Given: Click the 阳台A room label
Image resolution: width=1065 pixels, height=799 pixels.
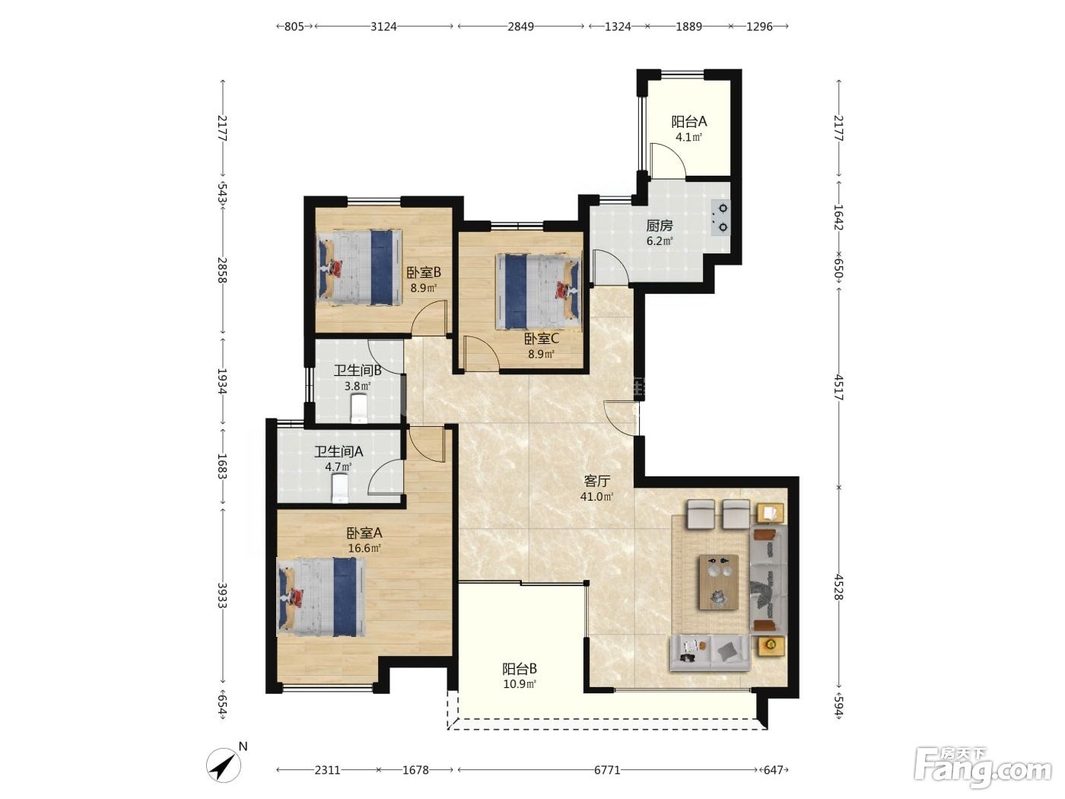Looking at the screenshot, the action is (x=688, y=121).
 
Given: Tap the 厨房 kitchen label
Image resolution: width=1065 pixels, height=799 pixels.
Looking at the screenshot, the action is (x=660, y=225).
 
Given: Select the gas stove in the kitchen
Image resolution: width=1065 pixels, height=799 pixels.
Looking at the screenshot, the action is (x=720, y=218).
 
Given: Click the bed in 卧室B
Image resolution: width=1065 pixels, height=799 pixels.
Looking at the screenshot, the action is (x=359, y=267).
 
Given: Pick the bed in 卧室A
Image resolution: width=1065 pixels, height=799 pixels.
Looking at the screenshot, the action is (x=320, y=597).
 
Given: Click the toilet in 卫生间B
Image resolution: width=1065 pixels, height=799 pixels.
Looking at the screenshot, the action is (x=358, y=409).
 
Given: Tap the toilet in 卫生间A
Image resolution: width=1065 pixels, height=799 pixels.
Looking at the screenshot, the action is (x=340, y=488).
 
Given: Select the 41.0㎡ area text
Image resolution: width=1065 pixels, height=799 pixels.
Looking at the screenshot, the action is (x=596, y=497).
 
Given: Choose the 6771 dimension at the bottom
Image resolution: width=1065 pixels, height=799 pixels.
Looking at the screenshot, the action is (x=607, y=770).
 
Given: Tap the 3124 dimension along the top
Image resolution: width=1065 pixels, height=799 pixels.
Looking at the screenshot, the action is (x=383, y=27).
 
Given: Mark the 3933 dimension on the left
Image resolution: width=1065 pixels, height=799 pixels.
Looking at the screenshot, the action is (x=222, y=595).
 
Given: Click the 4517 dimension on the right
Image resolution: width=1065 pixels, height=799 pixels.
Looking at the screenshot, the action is (x=838, y=387).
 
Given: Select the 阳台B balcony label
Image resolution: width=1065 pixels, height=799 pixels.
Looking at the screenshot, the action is (x=519, y=669).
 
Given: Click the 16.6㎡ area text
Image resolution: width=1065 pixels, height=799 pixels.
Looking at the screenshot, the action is (x=364, y=549).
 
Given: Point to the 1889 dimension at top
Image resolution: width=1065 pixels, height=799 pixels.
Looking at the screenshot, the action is (x=689, y=27).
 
